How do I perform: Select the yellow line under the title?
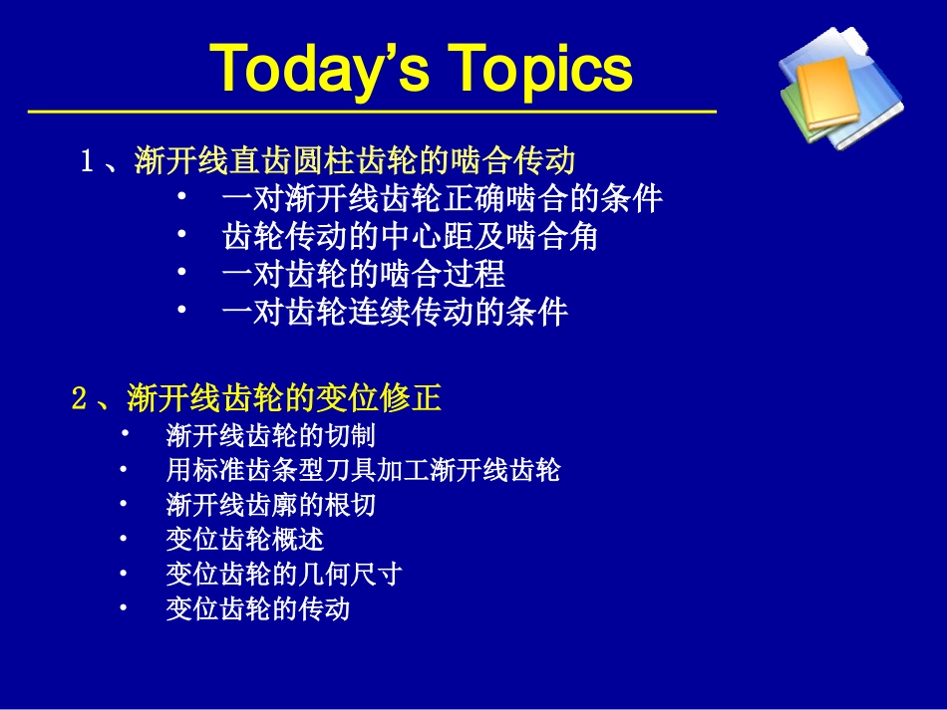(x=371, y=112)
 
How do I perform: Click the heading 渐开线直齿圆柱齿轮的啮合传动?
(x=355, y=160)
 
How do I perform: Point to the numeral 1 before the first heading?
(x=87, y=161)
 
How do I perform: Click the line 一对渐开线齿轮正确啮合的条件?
(x=442, y=198)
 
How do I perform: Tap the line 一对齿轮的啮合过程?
(x=363, y=274)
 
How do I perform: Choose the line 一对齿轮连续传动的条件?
(x=395, y=312)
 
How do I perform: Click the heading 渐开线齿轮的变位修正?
(x=284, y=399)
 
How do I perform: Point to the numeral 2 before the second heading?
(x=80, y=399)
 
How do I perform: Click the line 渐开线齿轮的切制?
(x=270, y=435)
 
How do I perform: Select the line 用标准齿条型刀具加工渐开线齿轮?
(x=363, y=470)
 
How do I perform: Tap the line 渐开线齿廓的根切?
(x=270, y=505)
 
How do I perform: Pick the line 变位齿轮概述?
(x=244, y=540)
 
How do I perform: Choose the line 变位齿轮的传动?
(x=257, y=608)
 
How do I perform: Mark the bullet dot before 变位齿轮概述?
(x=124, y=539)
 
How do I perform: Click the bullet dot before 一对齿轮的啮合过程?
(x=182, y=271)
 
